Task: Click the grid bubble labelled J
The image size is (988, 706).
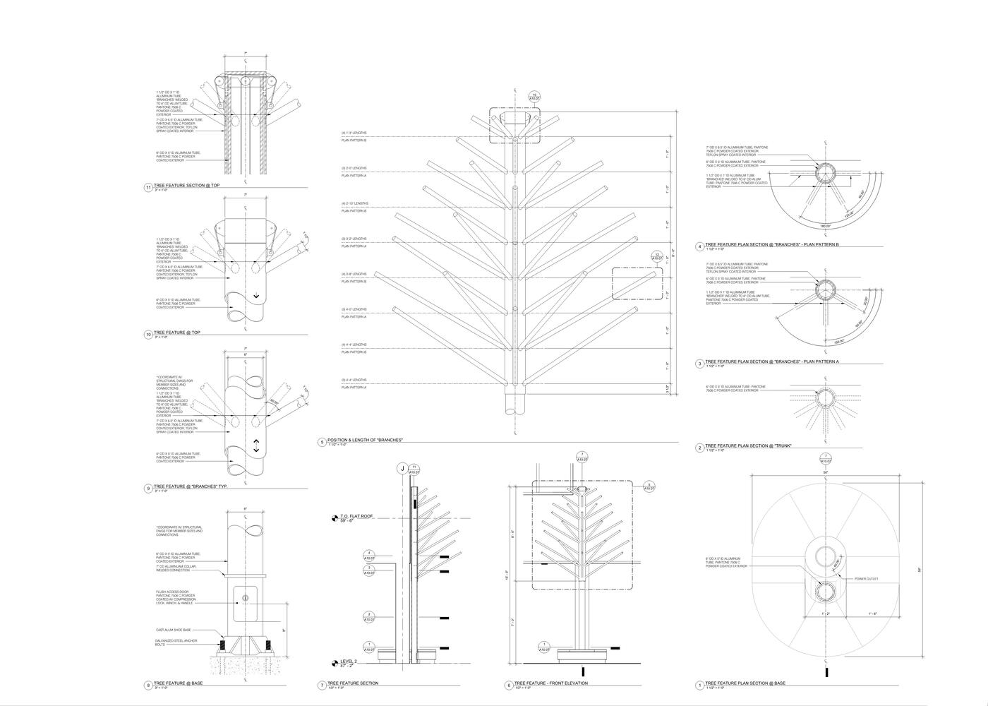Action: click(x=402, y=468)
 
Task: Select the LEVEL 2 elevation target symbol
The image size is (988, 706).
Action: click(x=335, y=664)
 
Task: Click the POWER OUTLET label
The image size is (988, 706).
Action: click(x=866, y=578)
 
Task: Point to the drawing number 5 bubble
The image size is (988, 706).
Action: click(x=323, y=443)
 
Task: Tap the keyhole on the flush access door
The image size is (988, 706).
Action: click(x=245, y=598)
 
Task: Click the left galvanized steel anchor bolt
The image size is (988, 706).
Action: click(x=223, y=645)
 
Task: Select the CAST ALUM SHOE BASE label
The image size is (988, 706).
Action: click(x=173, y=630)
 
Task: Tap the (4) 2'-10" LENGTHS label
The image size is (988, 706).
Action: click(x=354, y=203)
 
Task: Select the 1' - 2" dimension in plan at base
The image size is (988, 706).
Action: click(x=825, y=614)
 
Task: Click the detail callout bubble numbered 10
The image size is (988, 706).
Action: click(x=534, y=97)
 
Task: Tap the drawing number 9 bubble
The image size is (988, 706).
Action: click(x=148, y=488)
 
